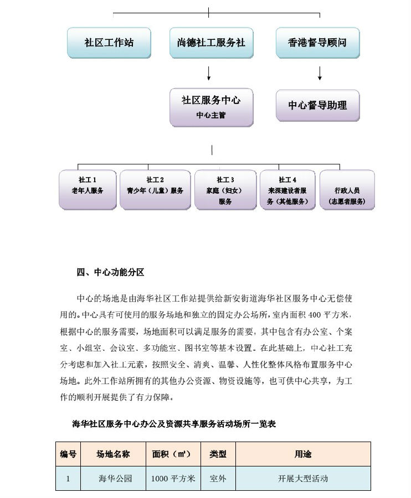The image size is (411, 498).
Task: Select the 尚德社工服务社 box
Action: coord(210,43)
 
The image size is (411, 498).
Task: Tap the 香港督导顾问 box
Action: coord(317,43)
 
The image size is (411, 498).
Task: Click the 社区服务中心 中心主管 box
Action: coord(211,107)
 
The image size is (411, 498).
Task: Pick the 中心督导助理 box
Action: coord(317,105)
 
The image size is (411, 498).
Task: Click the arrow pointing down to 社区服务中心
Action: coord(209,74)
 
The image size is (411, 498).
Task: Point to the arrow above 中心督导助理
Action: coord(320,74)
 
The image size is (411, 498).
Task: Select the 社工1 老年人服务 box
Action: coord(88,190)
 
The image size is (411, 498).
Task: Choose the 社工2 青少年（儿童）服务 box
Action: coord(155,190)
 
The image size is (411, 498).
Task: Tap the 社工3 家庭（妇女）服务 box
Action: coord(225,190)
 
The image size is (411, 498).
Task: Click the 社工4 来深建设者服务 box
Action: coord(287,190)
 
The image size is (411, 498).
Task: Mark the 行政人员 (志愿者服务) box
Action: coord(347,190)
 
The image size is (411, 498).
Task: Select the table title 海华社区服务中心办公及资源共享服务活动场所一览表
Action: coord(174,424)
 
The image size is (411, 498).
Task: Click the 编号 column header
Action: coord(69,454)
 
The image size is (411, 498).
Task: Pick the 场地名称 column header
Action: coord(114,454)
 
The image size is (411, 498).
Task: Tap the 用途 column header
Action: coord(303,454)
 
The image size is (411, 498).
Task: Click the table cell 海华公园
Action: coord(115,479)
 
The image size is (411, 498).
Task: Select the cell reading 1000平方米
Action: coord(173,479)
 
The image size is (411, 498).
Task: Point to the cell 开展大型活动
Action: coord(303,479)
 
